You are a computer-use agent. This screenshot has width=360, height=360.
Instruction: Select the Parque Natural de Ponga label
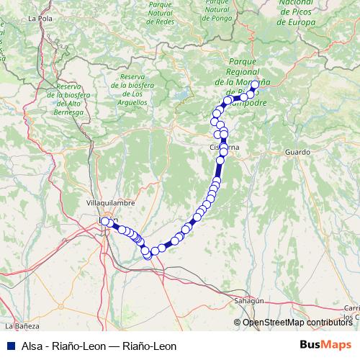point(216,12)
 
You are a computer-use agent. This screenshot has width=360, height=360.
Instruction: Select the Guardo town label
point(297,153)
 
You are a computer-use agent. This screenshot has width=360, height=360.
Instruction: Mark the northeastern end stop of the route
point(255,84)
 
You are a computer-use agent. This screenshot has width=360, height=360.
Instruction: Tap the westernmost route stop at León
point(105,221)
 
